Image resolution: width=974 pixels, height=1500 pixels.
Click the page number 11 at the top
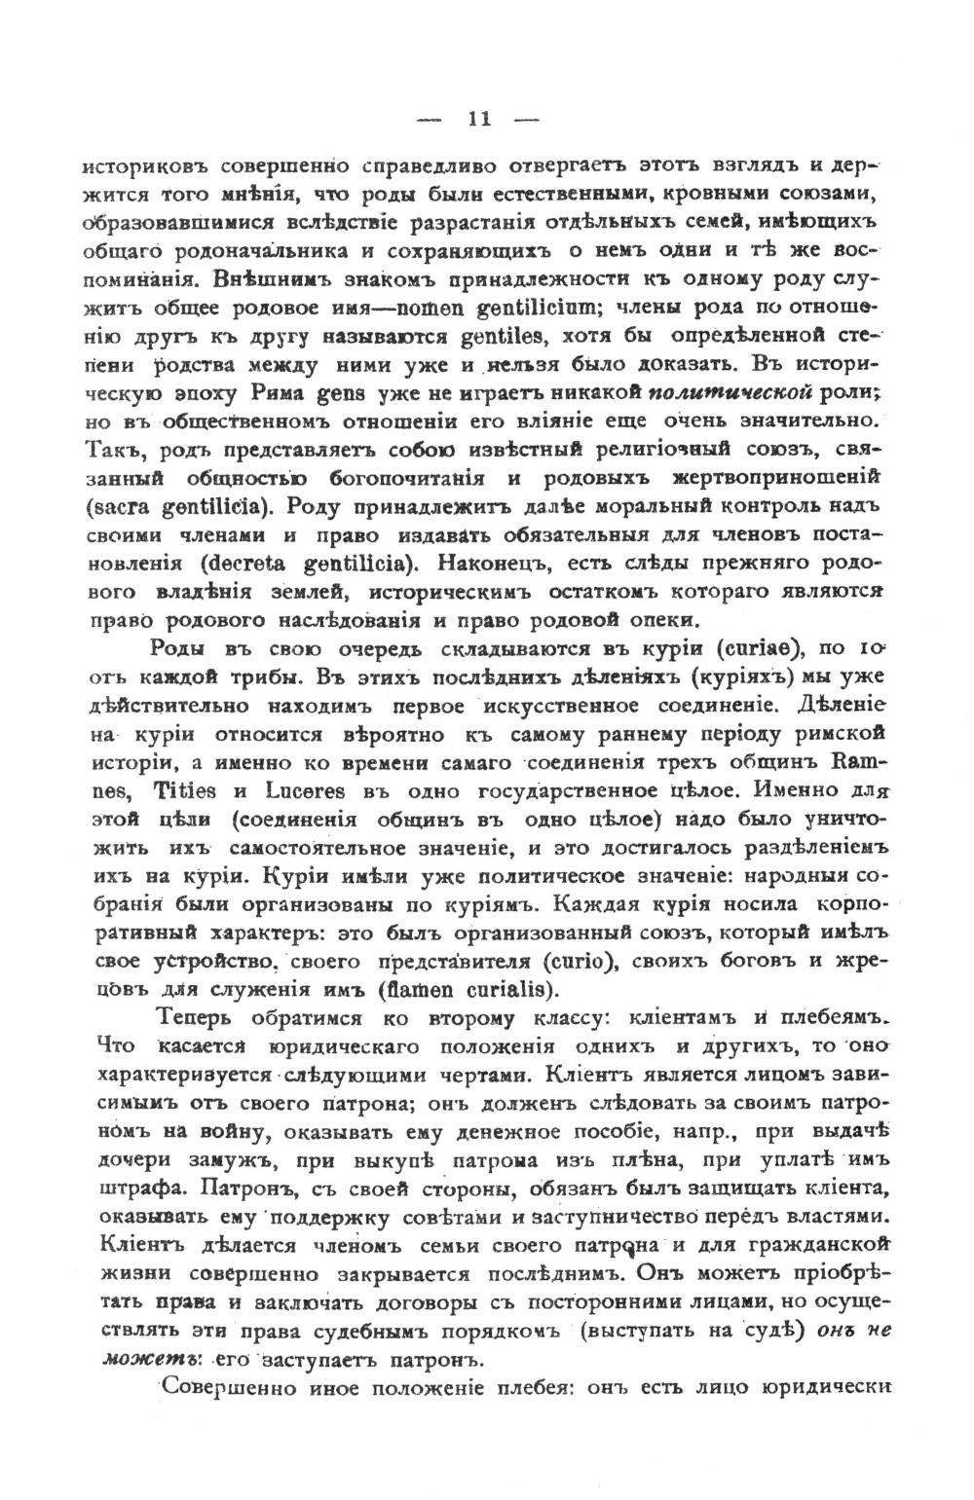(x=478, y=121)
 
